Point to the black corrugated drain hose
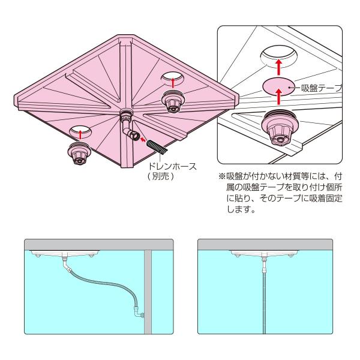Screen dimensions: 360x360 click(155, 147)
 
